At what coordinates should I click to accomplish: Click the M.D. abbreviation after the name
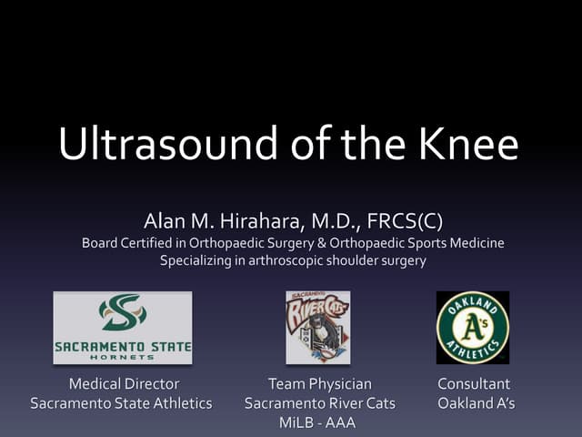coord(341,221)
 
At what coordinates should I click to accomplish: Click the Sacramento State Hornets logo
coord(123,328)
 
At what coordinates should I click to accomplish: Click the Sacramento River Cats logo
coord(317,327)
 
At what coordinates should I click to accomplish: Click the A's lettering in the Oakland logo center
coord(474,326)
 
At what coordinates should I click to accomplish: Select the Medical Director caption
coord(124,384)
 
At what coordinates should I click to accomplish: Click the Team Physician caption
coord(319,384)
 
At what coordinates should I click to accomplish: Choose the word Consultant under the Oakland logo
coord(474,384)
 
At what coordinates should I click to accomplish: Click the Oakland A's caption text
coord(476,402)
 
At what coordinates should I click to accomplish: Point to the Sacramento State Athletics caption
coord(121,402)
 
